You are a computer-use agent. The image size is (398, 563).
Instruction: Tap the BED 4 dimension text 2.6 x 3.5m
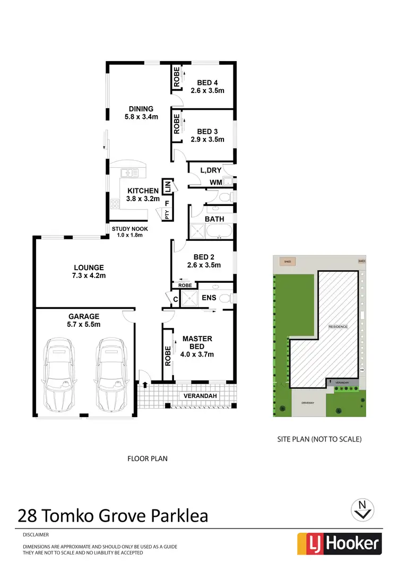(x=207, y=91)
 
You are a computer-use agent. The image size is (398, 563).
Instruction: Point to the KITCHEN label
(x=142, y=190)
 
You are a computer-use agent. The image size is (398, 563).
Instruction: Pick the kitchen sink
(x=129, y=172)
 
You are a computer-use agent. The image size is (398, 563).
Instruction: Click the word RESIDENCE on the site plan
(x=338, y=326)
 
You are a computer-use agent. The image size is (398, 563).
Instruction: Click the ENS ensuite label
(x=209, y=298)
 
